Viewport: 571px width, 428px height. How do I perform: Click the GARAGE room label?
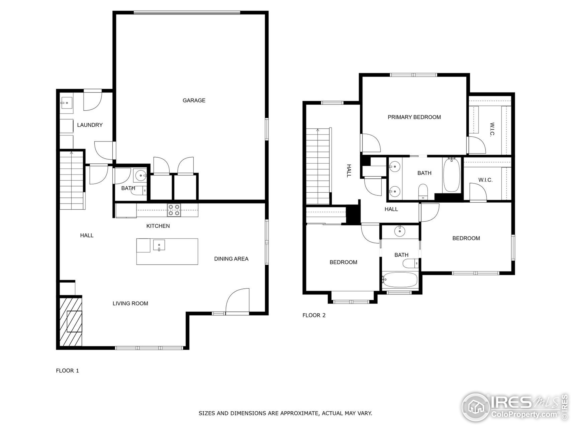coord(194,100)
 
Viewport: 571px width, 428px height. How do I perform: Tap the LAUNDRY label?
coord(90,125)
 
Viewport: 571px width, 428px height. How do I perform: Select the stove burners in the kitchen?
coord(174,210)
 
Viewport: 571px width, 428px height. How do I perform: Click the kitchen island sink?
coord(159,245)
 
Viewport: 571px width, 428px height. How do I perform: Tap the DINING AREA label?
coord(231,259)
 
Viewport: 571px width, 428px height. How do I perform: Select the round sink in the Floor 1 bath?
coord(141,175)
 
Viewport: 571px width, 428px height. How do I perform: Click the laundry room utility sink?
coord(66,103)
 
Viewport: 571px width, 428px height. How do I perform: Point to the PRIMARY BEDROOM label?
coord(414,117)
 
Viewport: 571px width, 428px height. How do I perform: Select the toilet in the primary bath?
coord(423,191)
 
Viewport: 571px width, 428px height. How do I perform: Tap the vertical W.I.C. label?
coord(492,129)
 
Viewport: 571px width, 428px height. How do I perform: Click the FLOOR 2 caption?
coord(314,315)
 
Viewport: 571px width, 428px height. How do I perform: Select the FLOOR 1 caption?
coord(67,370)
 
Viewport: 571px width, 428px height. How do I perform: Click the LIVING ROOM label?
coord(130,303)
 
